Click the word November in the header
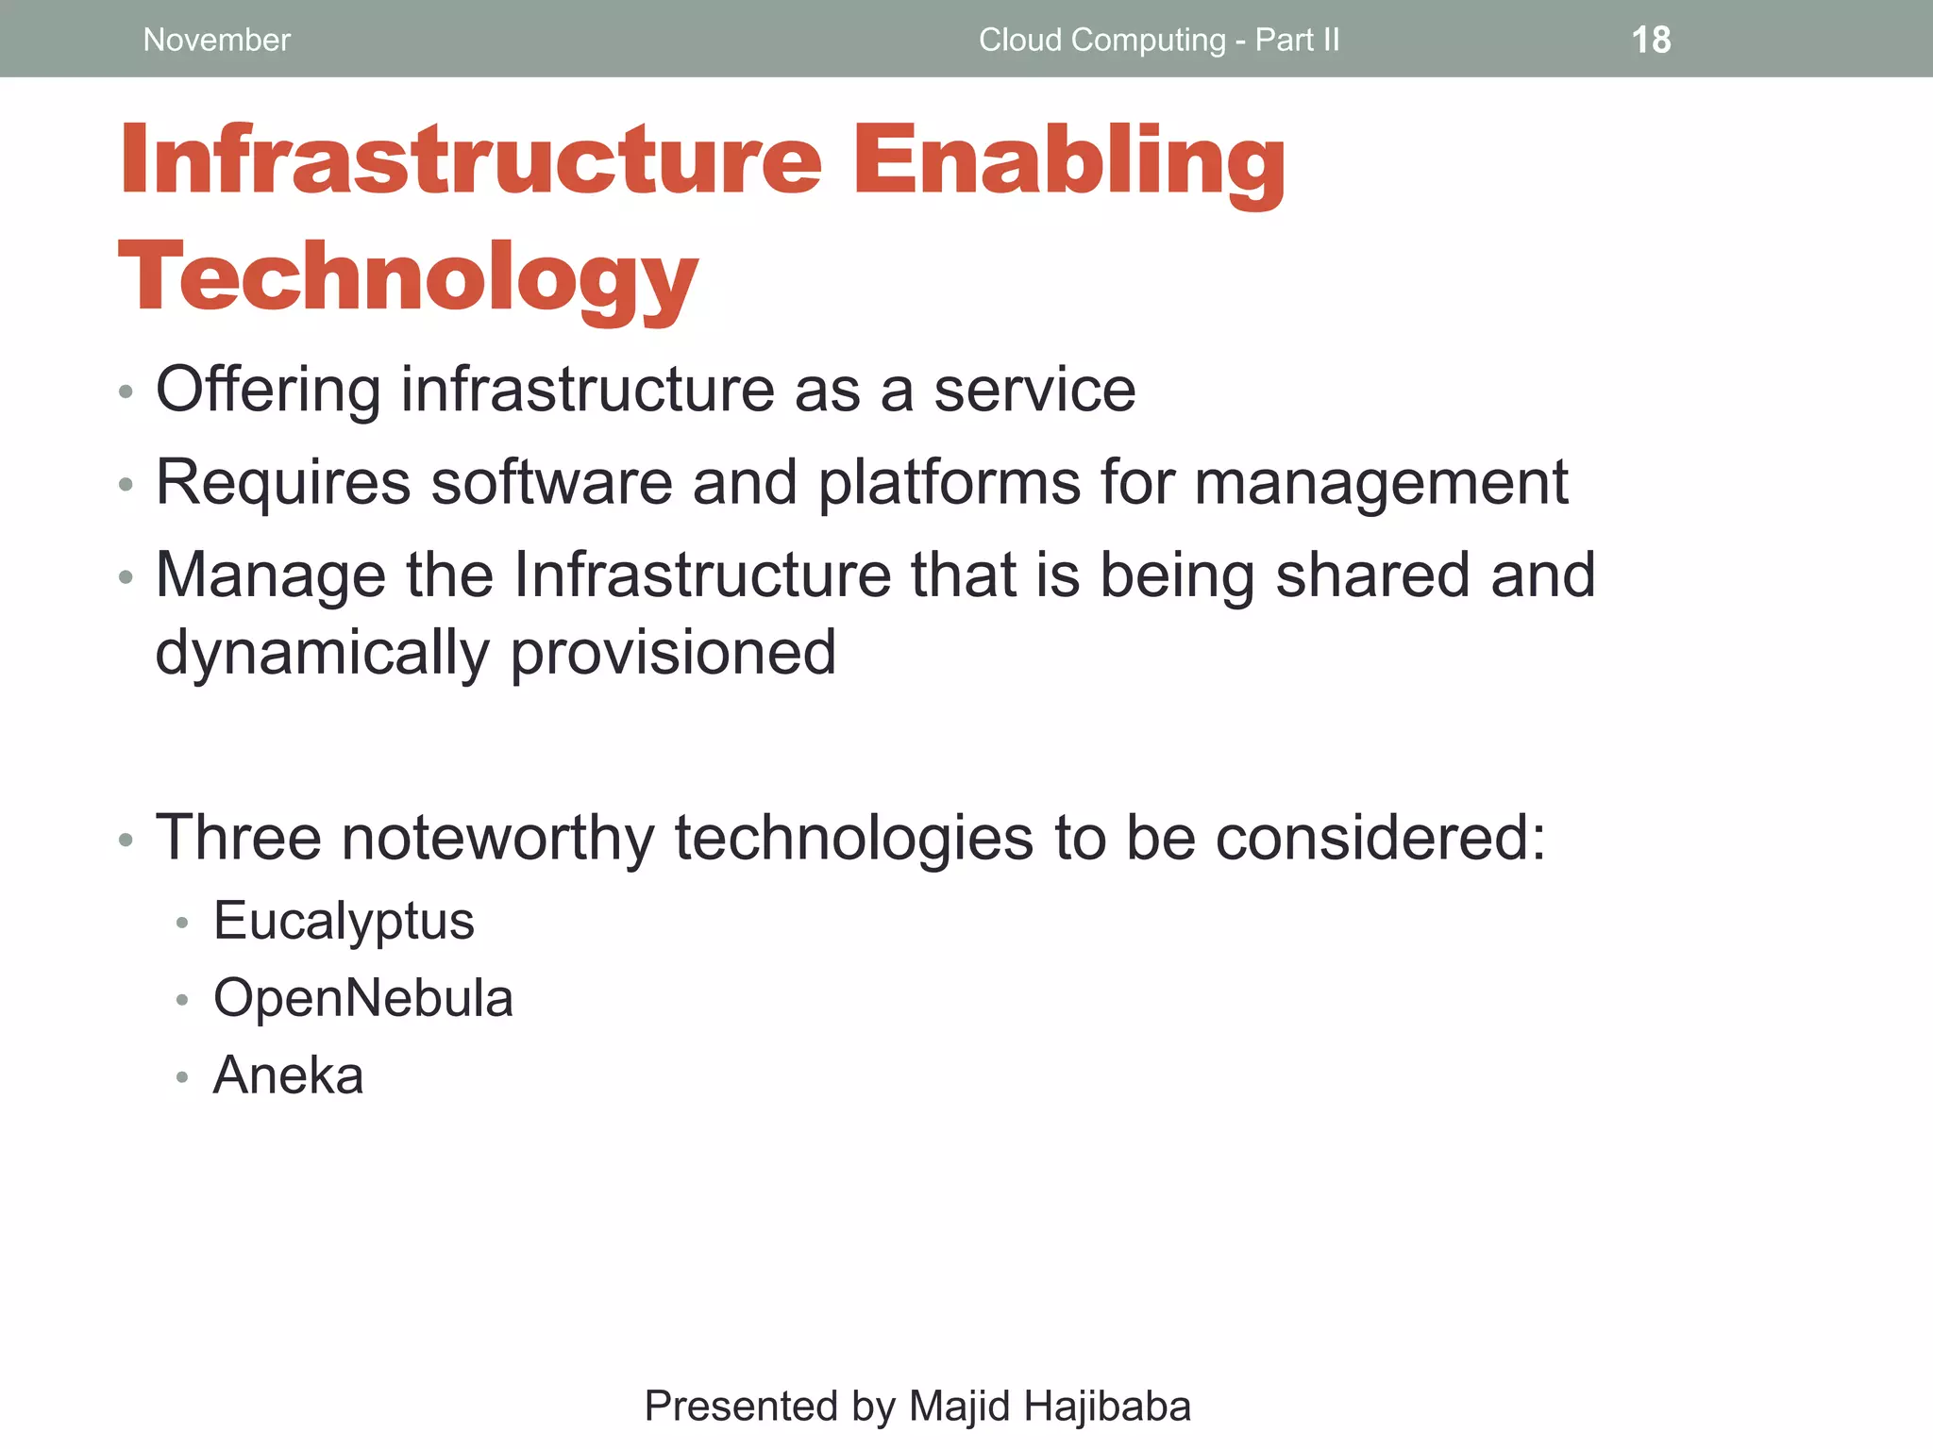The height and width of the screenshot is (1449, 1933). coord(216,40)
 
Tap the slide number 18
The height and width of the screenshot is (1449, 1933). coord(1651,40)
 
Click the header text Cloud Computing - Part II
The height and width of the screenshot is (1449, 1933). coord(1158,40)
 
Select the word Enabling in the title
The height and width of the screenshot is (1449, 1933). coord(1068,162)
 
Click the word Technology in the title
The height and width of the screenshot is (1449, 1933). coord(408,278)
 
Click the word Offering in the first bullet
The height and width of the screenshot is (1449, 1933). coord(268,391)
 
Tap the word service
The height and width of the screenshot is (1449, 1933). coord(1034,391)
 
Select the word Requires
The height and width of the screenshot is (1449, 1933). coord(282,483)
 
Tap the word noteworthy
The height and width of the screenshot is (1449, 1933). coord(497,839)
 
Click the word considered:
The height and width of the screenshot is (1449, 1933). coord(1381,839)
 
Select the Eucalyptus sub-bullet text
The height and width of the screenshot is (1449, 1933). coord(344,922)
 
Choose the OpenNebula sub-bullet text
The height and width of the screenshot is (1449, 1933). coord(363,998)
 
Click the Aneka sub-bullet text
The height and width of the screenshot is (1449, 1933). coord(288,1075)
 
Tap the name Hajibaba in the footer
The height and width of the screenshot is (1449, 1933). coord(1106,1406)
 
